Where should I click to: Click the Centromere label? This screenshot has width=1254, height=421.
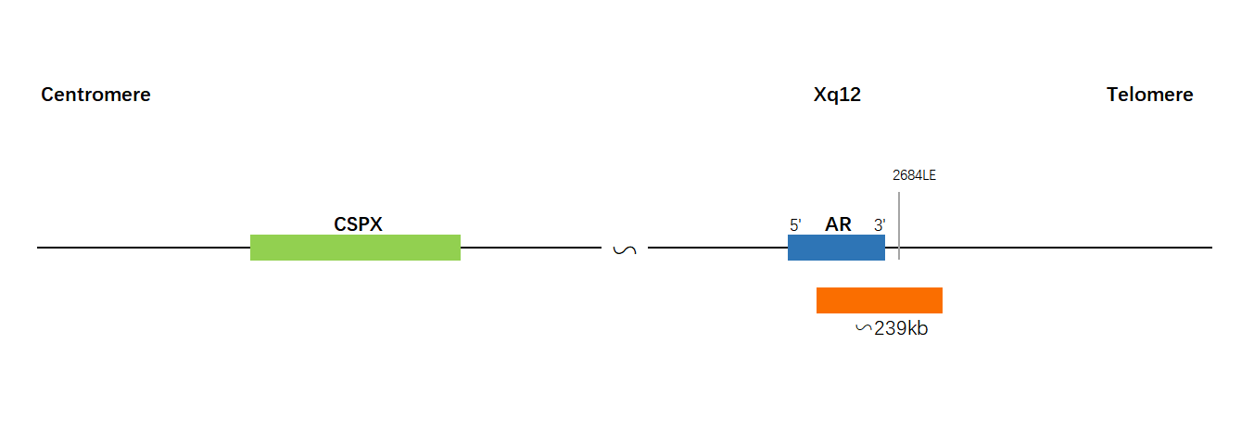pyautogui.click(x=95, y=95)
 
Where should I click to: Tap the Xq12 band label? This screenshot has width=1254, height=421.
pyautogui.click(x=837, y=96)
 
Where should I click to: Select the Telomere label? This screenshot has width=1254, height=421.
pyautogui.click(x=1150, y=95)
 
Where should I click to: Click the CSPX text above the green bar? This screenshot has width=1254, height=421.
pyautogui.click(x=358, y=223)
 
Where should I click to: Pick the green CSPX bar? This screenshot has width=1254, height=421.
pyautogui.click(x=356, y=248)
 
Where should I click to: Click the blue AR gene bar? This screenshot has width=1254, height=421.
pyautogui.click(x=836, y=248)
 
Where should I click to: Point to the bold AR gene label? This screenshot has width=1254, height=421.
pyautogui.click(x=838, y=223)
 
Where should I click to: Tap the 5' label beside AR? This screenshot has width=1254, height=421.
pyautogui.click(x=795, y=225)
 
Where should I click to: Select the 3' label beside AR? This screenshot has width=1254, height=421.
pyautogui.click(x=880, y=225)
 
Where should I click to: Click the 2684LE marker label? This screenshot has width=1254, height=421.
pyautogui.click(x=914, y=175)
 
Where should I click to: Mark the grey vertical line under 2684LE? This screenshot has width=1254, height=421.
pyautogui.click(x=899, y=225)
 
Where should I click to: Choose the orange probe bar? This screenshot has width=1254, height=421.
pyautogui.click(x=880, y=300)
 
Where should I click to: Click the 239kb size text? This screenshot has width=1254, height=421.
pyautogui.click(x=901, y=328)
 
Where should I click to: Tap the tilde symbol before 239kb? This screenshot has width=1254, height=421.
pyautogui.click(x=864, y=328)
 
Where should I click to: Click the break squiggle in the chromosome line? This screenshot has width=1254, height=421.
pyautogui.click(x=625, y=249)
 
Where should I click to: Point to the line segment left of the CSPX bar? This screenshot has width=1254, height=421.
pyautogui.click(x=144, y=247)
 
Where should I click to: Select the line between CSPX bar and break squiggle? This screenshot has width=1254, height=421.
pyautogui.click(x=531, y=247)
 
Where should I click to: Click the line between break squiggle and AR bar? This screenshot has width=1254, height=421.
pyautogui.click(x=717, y=247)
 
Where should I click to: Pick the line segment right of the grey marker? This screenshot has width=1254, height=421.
pyautogui.click(x=1057, y=247)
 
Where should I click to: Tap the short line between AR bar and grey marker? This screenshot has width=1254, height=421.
pyautogui.click(x=892, y=247)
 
